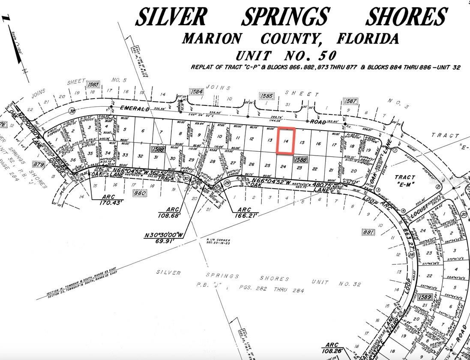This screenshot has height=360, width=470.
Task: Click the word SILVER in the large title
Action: point(171,17)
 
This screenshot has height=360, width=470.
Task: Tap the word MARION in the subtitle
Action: point(212,39)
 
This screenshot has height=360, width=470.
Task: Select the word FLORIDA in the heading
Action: point(368,39)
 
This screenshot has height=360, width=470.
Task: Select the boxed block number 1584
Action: point(197,91)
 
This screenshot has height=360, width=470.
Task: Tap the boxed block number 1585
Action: point(267,96)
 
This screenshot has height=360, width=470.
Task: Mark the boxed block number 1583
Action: point(93,84)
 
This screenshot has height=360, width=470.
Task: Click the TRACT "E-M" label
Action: point(405,180)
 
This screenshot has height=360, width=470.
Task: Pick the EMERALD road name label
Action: point(135,108)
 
